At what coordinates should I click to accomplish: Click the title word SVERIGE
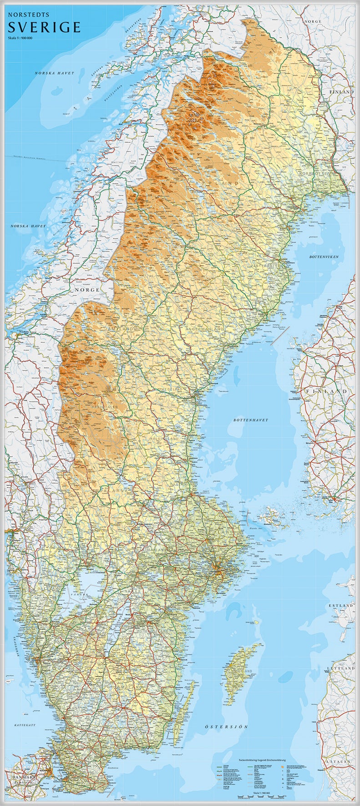(x=44, y=27)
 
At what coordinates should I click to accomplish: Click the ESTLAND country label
(x=341, y=606)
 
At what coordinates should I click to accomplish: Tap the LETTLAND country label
(x=340, y=668)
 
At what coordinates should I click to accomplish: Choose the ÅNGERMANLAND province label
(x=205, y=328)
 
